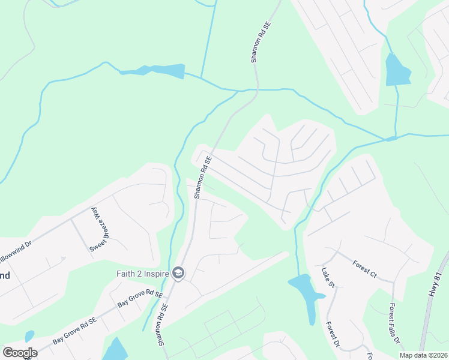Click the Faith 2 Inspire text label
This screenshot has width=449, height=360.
[142, 274]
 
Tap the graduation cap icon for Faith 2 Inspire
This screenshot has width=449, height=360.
[178, 274]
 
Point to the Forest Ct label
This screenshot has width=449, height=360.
[364, 269]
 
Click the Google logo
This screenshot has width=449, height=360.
[20, 353]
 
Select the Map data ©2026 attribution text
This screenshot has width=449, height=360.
[423, 355]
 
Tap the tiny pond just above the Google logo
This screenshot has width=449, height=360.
[29, 336]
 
